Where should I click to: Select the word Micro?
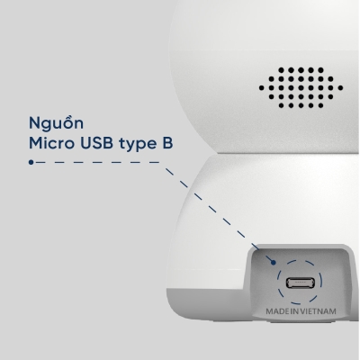51,144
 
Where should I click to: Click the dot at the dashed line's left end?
31,164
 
